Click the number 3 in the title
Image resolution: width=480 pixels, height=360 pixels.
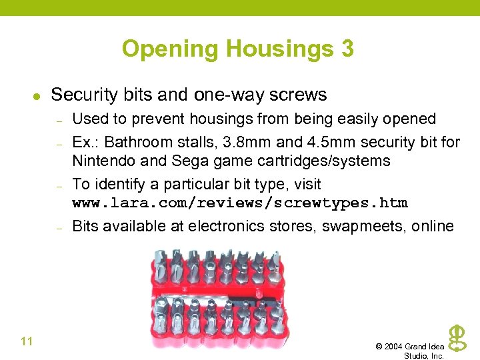pos(347,49)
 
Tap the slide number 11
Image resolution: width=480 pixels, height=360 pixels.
pos(27,342)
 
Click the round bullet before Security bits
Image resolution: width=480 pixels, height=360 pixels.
pos(37,97)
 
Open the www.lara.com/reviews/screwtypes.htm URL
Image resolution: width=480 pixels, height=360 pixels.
pos(239,203)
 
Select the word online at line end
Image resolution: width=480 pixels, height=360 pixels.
pos(433,226)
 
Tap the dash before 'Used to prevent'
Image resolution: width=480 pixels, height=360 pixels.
pos(59,122)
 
